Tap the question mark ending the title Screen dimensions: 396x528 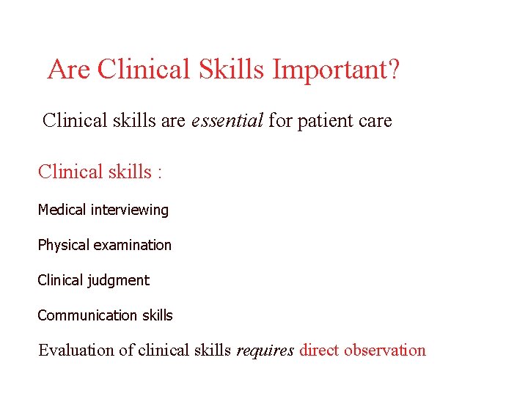click(x=393, y=70)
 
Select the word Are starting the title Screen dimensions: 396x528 click(x=69, y=70)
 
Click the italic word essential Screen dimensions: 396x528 click(x=227, y=120)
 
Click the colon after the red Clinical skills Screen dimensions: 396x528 click(x=159, y=172)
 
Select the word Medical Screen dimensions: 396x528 click(x=62, y=210)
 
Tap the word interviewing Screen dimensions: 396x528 click(x=130, y=210)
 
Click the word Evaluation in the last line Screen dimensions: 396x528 click(x=76, y=350)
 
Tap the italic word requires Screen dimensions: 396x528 click(x=265, y=351)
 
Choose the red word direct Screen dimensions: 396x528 click(x=319, y=350)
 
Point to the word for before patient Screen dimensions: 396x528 click(x=280, y=120)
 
